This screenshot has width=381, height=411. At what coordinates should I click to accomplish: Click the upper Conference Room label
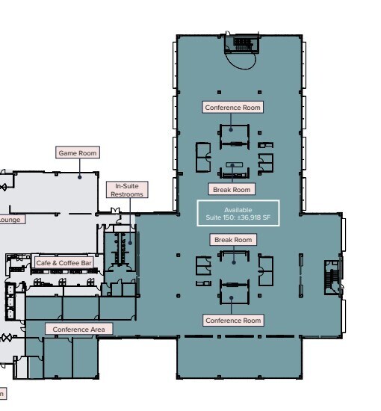233,108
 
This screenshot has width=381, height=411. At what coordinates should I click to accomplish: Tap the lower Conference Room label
233,321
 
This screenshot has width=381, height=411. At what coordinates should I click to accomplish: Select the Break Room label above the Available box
232,190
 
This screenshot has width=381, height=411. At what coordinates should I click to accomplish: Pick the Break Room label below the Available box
233,240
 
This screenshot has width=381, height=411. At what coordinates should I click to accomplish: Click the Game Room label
78,153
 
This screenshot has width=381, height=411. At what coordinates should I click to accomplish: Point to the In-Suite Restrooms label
126,191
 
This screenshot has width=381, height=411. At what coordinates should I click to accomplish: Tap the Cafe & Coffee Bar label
64,263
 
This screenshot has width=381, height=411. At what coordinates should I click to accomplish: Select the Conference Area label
79,329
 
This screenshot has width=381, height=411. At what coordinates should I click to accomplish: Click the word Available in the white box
238,209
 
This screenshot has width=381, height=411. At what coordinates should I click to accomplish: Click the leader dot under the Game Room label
78,177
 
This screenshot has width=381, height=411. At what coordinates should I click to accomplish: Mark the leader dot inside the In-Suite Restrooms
129,241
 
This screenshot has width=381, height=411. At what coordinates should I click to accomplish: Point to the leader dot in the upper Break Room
232,166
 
